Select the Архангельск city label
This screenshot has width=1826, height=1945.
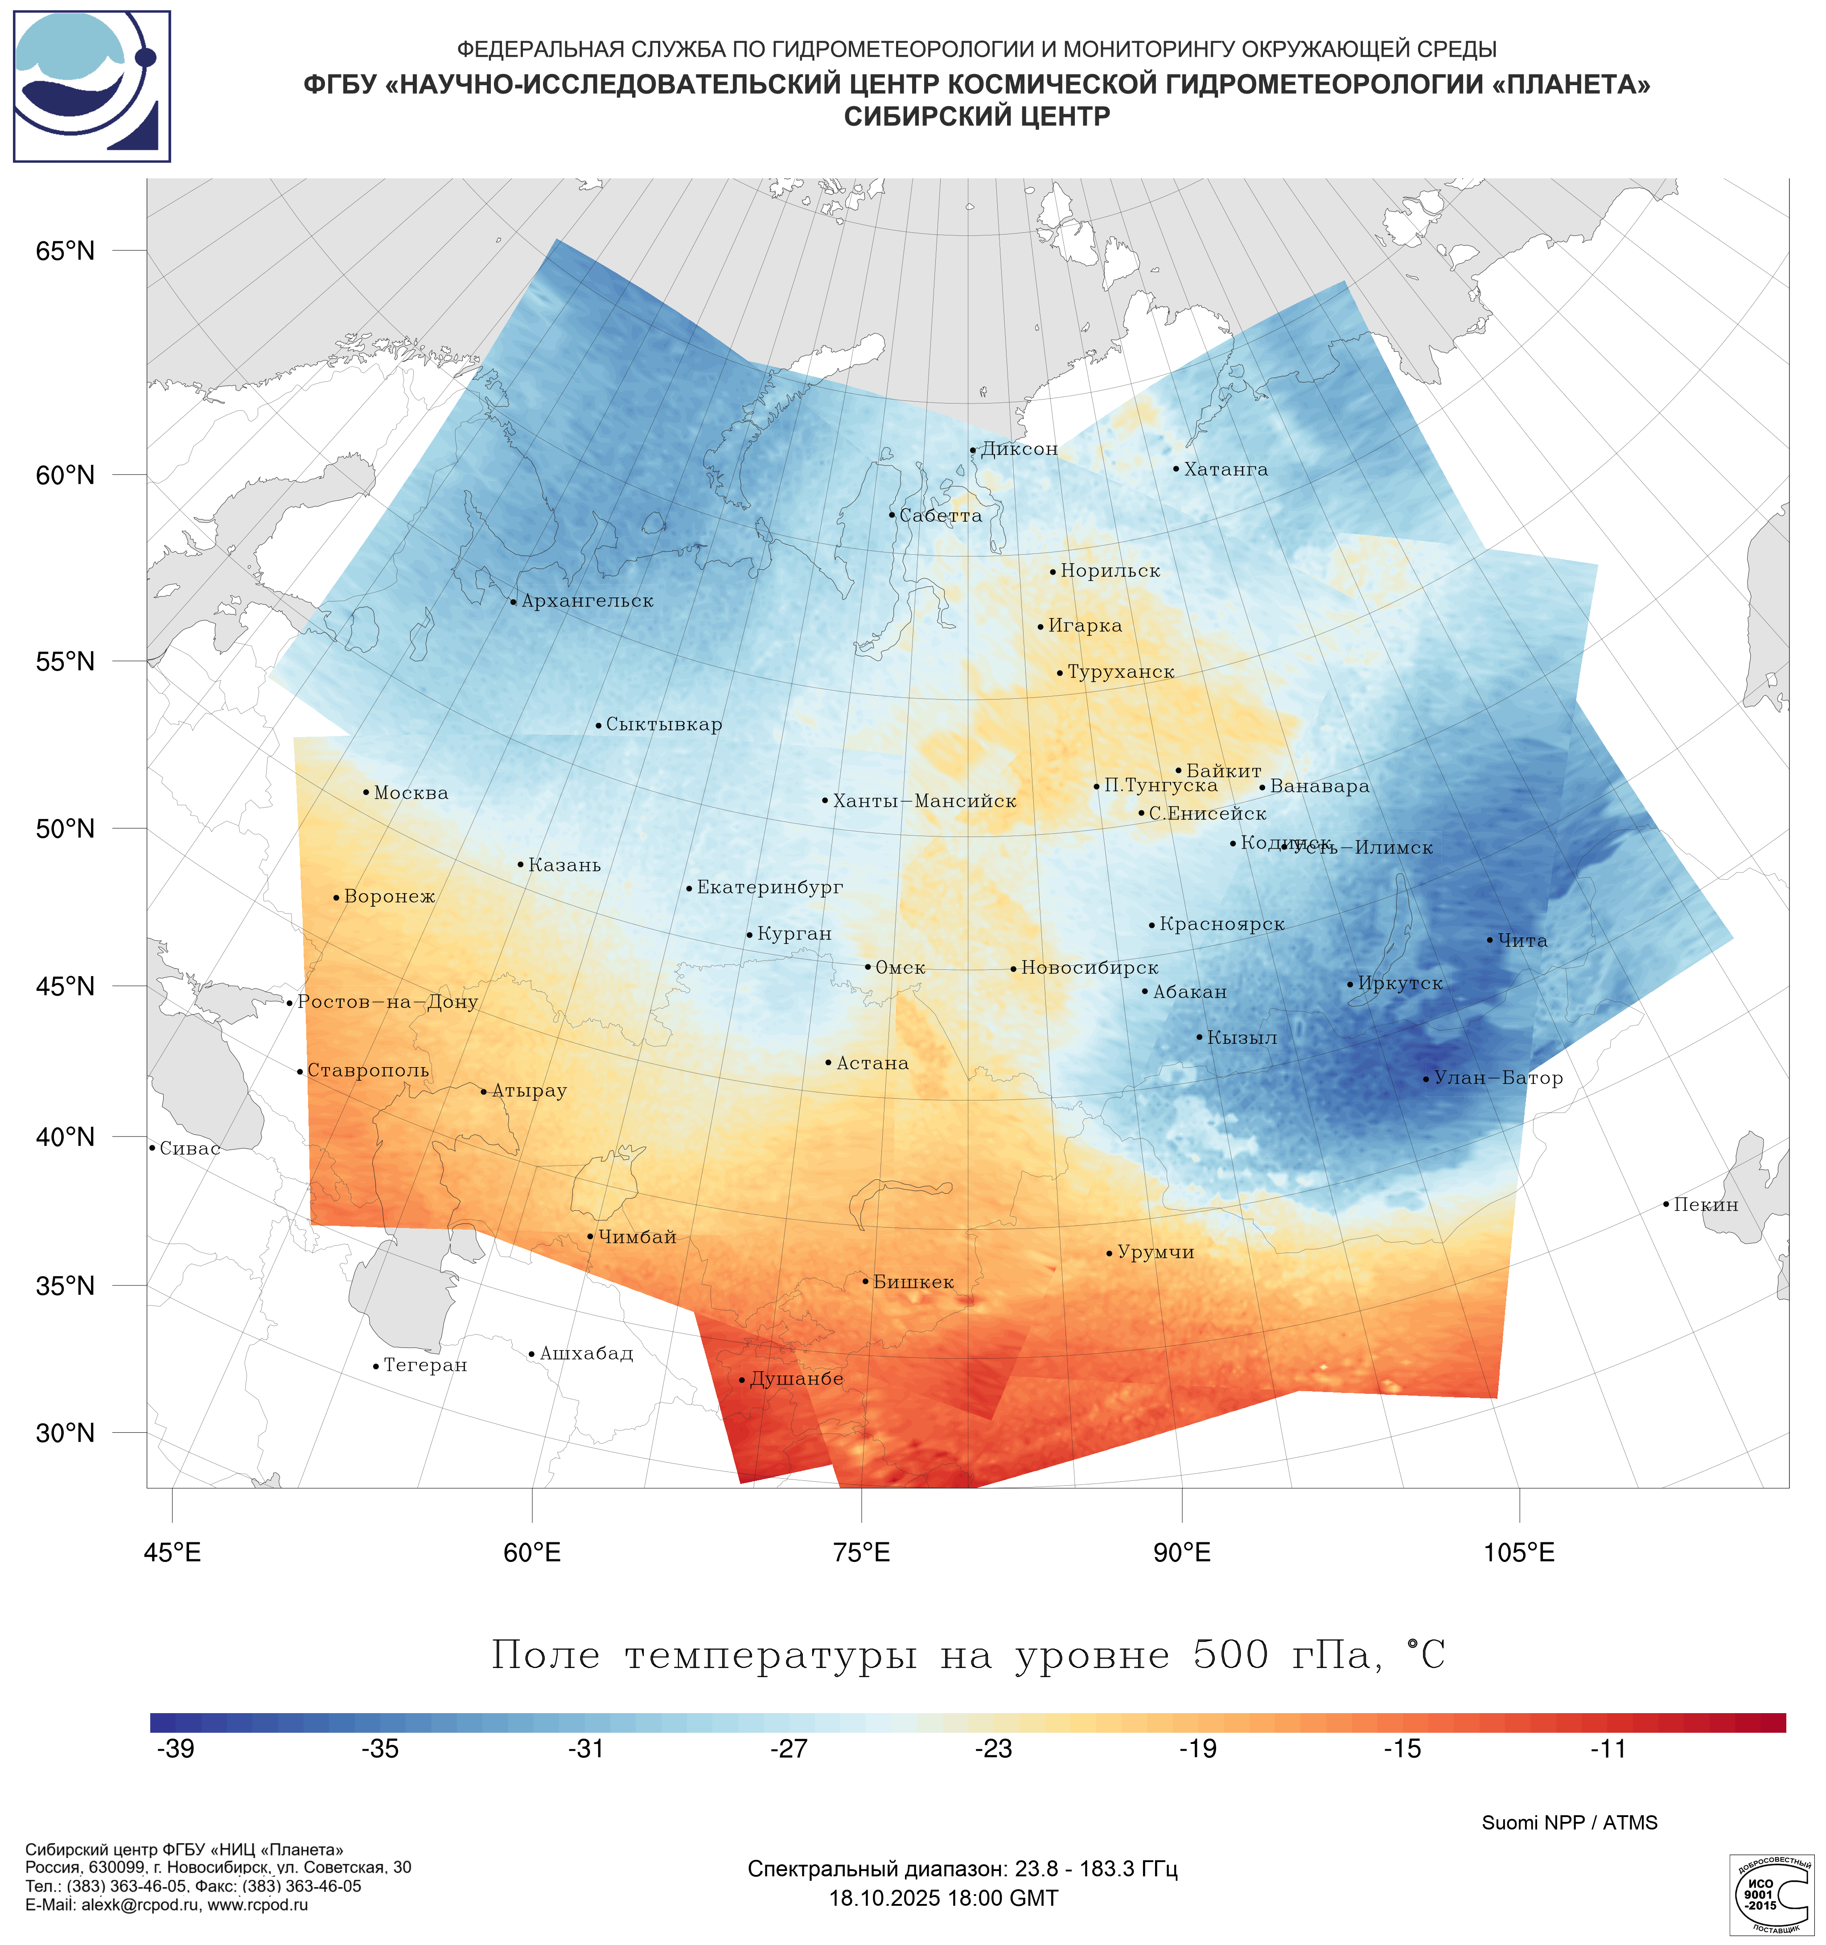point(587,601)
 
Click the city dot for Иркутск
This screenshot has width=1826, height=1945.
point(1351,984)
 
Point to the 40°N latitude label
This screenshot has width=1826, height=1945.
point(66,1137)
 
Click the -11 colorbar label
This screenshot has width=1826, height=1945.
point(1607,1748)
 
